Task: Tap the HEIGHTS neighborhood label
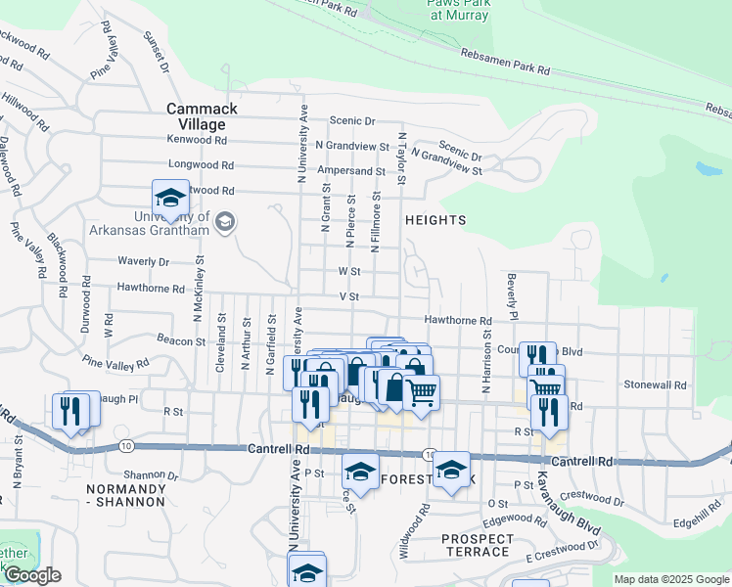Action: point(435,220)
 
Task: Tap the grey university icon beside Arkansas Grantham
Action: point(226,222)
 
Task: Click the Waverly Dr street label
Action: point(144,261)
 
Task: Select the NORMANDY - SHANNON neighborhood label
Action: point(125,495)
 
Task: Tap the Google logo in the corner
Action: point(32,575)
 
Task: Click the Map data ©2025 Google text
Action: point(671,579)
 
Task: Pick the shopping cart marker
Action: point(421,393)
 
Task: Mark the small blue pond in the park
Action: point(709,168)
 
